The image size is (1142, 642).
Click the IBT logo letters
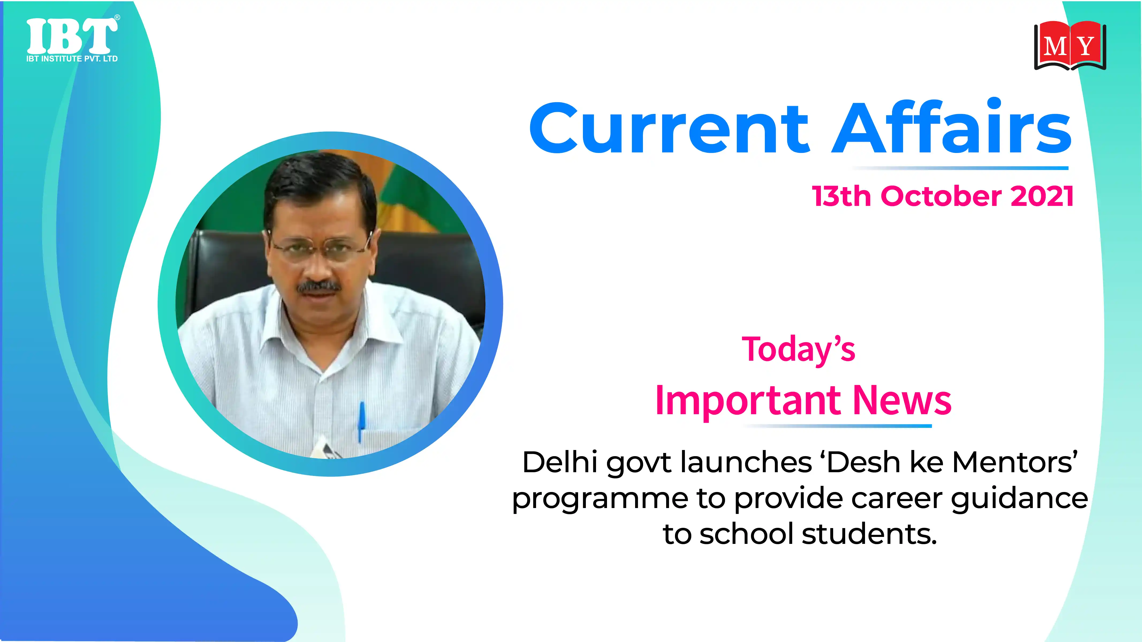click(x=72, y=36)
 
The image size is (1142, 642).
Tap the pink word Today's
click(x=798, y=349)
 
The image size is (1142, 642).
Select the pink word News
click(x=902, y=400)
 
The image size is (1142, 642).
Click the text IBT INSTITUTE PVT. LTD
click(x=72, y=59)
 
